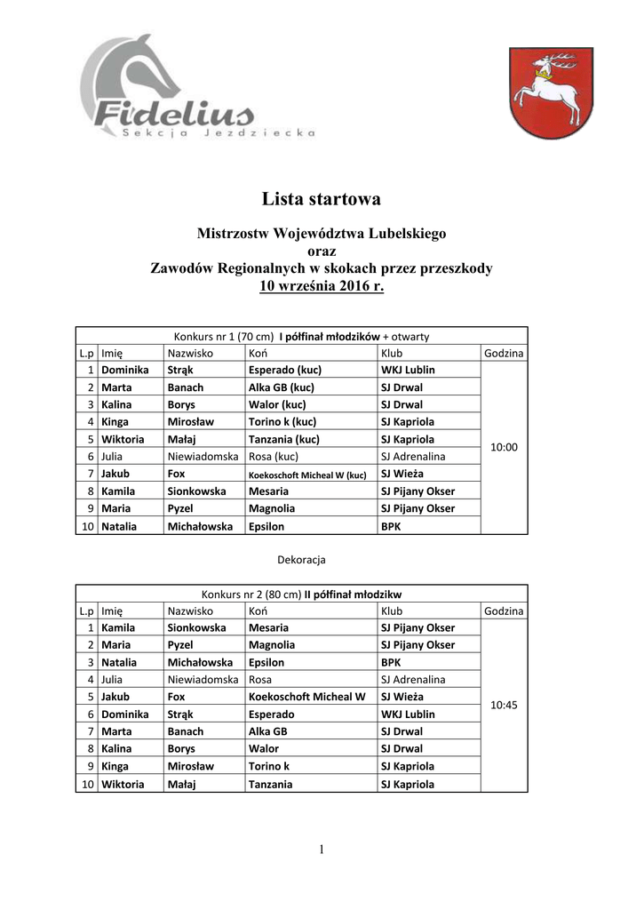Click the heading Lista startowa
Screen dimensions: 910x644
click(x=321, y=197)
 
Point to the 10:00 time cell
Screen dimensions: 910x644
click(x=504, y=448)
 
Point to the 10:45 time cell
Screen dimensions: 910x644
click(x=504, y=705)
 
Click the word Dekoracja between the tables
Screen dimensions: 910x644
click(x=302, y=560)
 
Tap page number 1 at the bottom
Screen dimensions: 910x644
click(x=322, y=850)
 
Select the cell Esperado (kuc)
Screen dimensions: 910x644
click(x=284, y=370)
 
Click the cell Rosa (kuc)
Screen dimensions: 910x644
click(x=274, y=457)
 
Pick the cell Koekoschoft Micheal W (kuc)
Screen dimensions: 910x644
click(x=307, y=475)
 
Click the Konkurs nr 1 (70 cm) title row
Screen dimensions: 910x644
click(x=301, y=336)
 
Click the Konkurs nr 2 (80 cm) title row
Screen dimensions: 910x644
click(x=301, y=594)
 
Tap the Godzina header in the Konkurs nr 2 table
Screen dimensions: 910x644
click(x=504, y=611)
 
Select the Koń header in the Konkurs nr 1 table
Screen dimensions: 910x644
click(x=258, y=353)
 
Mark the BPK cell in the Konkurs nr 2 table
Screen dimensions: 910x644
click(x=391, y=663)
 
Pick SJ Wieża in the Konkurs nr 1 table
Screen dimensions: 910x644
click(x=402, y=474)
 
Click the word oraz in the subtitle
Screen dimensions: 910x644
click(x=321, y=251)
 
